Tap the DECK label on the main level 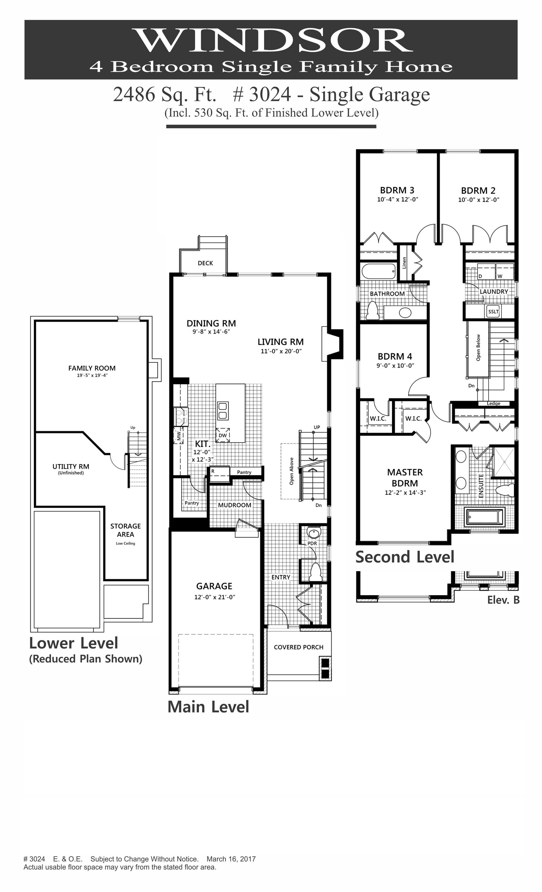click(205, 263)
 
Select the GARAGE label click(214, 586)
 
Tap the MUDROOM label click(234, 505)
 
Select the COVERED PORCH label click(298, 647)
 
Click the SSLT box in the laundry click(493, 311)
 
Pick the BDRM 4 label click(395, 356)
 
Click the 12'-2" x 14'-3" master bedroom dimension click(405, 492)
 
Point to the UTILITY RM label click(71, 467)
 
